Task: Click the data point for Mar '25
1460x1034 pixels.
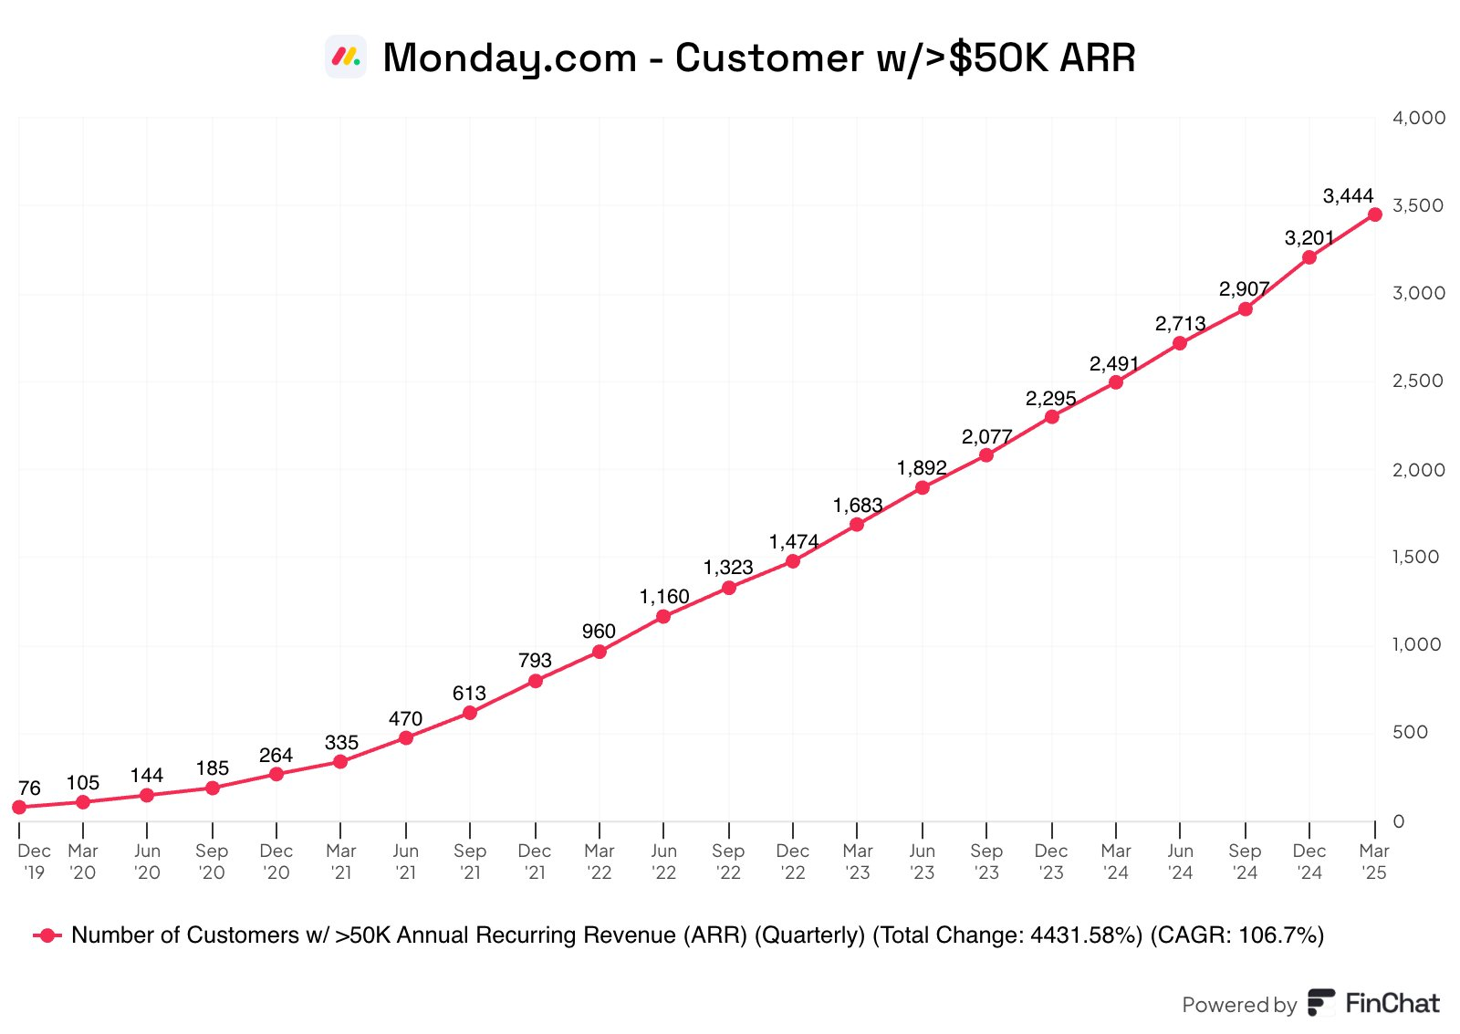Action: pyautogui.click(x=1374, y=214)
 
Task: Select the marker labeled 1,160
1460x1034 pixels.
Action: pyautogui.click(x=663, y=617)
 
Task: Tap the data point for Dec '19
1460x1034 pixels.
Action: pyautogui.click(x=19, y=807)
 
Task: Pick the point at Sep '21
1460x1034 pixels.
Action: pyautogui.click(x=470, y=713)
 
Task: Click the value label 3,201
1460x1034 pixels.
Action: pyautogui.click(x=1309, y=238)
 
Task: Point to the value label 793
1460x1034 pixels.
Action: pyautogui.click(x=535, y=660)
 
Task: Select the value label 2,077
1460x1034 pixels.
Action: pyautogui.click(x=986, y=437)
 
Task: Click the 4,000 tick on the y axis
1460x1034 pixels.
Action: pyautogui.click(x=1418, y=118)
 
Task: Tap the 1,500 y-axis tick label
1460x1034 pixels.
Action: pyautogui.click(x=1415, y=557)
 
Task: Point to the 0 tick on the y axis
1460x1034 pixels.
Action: pyautogui.click(x=1398, y=821)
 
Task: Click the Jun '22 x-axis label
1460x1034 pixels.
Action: pyautogui.click(x=663, y=862)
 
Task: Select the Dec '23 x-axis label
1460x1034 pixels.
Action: pyautogui.click(x=1051, y=862)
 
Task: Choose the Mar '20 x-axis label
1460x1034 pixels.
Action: pyautogui.click(x=82, y=862)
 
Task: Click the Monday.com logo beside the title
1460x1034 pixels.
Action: pyautogui.click(x=346, y=57)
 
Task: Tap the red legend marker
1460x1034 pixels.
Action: pyautogui.click(x=47, y=935)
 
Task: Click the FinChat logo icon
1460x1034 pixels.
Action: pyautogui.click(x=1320, y=1003)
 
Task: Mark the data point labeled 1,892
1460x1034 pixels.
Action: pyautogui.click(x=923, y=487)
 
